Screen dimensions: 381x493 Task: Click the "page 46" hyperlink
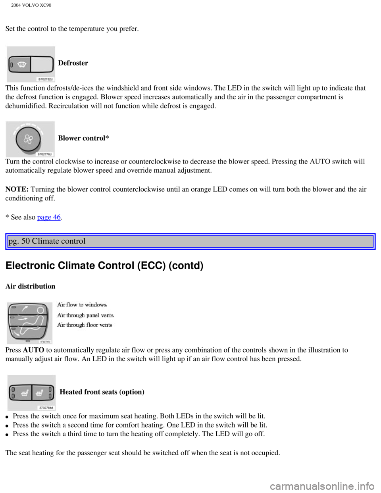click(49, 217)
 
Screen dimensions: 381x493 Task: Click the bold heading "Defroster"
click(73, 63)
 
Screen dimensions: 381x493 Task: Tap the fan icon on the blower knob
click(28, 139)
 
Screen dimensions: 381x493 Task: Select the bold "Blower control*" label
click(83, 138)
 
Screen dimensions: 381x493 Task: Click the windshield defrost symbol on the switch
click(21, 65)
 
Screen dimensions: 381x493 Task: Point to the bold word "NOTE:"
click(17, 189)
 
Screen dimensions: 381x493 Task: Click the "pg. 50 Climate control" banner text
click(47, 241)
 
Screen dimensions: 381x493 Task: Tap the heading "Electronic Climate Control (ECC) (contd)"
click(104, 266)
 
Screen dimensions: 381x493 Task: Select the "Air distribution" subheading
click(31, 286)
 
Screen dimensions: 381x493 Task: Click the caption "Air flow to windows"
click(82, 304)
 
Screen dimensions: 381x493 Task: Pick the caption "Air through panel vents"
click(85, 315)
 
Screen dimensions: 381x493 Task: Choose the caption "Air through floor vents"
click(85, 325)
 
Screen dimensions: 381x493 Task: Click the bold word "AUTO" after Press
click(34, 350)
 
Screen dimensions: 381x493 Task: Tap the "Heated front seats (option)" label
click(102, 392)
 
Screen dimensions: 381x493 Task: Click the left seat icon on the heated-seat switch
click(25, 393)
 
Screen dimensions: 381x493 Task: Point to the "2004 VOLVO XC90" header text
click(31, 5)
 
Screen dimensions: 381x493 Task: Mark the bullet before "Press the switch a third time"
click(8, 435)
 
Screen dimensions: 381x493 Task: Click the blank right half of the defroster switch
click(42, 64)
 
